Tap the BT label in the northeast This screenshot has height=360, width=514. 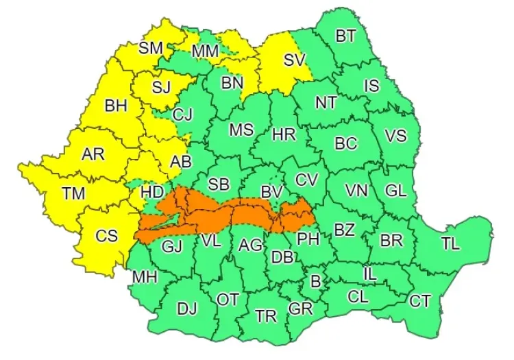(x=345, y=36)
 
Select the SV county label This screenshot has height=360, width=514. (x=294, y=60)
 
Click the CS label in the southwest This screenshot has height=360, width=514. (x=106, y=236)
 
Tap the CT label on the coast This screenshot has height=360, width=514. (x=419, y=300)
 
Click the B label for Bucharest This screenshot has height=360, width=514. (x=316, y=281)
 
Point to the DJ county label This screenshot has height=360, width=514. (x=186, y=309)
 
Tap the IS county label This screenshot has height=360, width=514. (x=371, y=86)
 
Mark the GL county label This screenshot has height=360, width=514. (x=395, y=191)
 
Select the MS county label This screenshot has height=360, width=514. (x=241, y=130)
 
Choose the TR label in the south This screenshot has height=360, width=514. (x=265, y=315)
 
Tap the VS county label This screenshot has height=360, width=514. (x=395, y=136)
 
